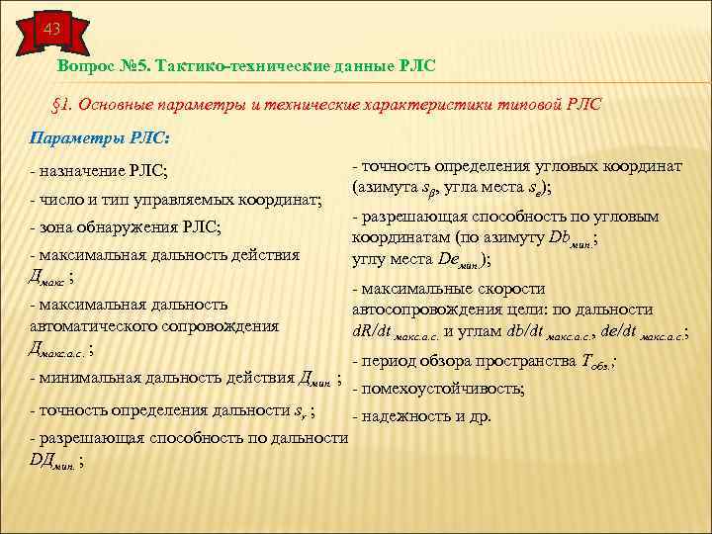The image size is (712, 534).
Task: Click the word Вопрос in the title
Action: pyautogui.click(x=87, y=65)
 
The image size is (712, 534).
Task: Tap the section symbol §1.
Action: pyautogui.click(x=61, y=105)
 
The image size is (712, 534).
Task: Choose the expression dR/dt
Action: pyautogui.click(x=371, y=331)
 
